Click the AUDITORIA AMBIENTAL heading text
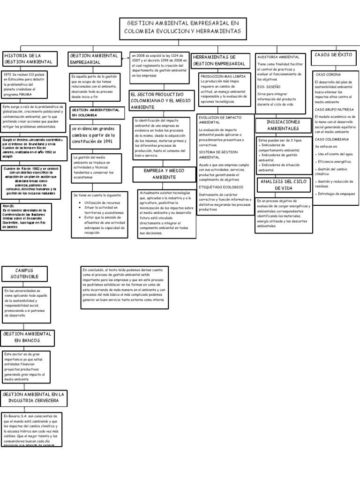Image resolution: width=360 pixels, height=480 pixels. click(278, 57)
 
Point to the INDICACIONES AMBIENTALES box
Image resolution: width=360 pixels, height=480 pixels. click(283, 125)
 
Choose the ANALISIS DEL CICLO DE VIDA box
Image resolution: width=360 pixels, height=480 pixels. click(283, 184)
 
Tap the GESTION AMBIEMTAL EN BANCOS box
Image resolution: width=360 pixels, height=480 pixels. click(27, 337)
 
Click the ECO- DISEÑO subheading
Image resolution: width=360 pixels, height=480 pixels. click(269, 87)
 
